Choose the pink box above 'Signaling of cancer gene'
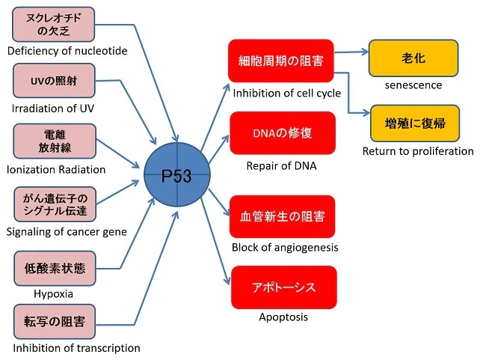point(55,204)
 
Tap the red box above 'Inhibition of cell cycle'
point(280,61)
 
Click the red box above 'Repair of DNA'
point(282,133)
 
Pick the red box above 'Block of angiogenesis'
point(282,216)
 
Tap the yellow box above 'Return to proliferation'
point(413,123)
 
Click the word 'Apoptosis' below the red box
point(283,317)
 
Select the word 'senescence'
point(413,85)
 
